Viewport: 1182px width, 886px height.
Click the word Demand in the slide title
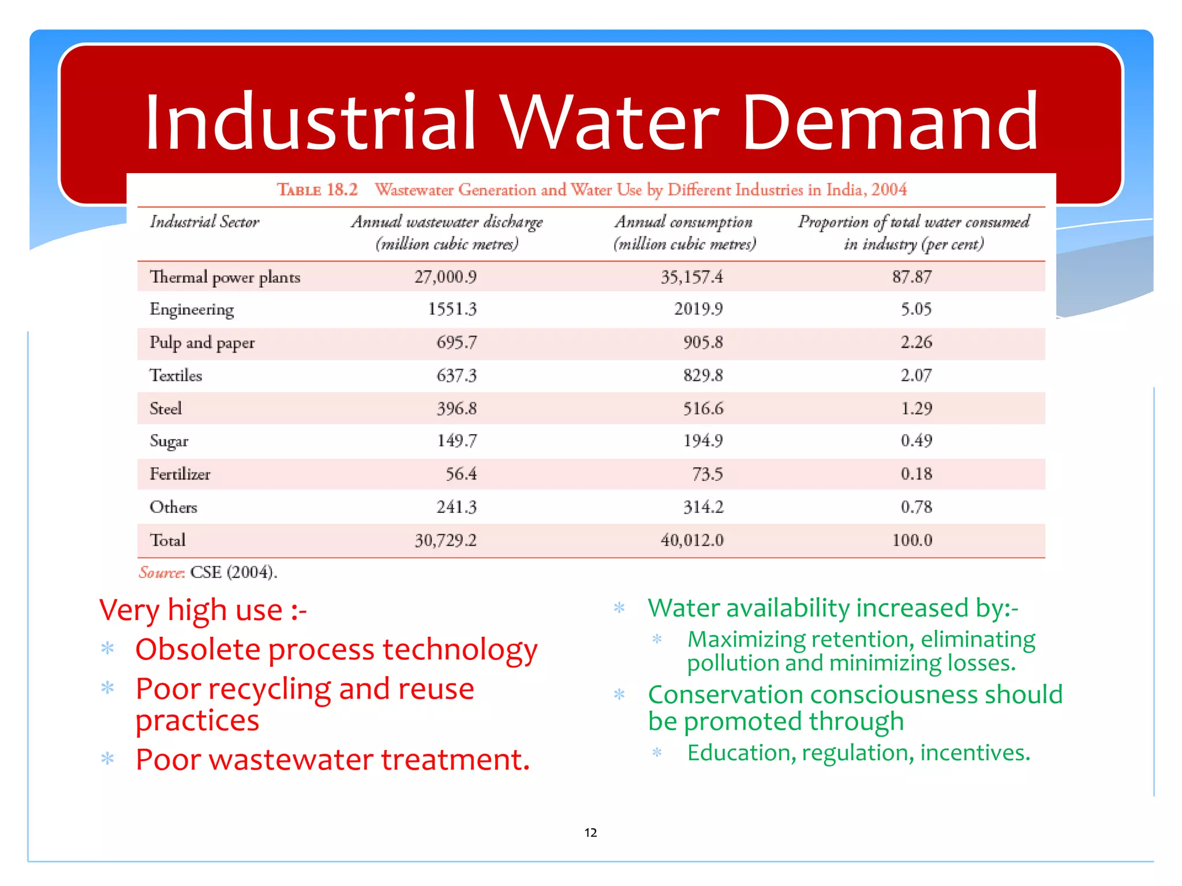coord(889,122)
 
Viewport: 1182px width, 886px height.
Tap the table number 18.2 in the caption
coord(342,190)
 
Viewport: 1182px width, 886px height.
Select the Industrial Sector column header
coord(204,222)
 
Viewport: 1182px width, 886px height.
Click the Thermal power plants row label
coord(225,277)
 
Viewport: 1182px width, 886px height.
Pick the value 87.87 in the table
coord(911,277)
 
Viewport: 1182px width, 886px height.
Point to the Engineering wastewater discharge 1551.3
coord(452,309)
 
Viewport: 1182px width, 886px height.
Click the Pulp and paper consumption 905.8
coord(702,343)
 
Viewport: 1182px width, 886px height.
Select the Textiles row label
coord(175,376)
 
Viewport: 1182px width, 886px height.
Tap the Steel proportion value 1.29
coord(916,408)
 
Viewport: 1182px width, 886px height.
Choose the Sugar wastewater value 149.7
coord(457,441)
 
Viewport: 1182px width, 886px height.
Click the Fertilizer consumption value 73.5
coord(707,474)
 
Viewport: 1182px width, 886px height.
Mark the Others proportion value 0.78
coord(916,507)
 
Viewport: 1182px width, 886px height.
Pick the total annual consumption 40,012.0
coord(691,540)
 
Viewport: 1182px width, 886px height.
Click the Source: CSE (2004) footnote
coord(208,572)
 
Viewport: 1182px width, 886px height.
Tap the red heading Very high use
coord(202,610)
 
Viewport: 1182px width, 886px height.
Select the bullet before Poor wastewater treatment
coord(107,759)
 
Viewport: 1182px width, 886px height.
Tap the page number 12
coord(590,832)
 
